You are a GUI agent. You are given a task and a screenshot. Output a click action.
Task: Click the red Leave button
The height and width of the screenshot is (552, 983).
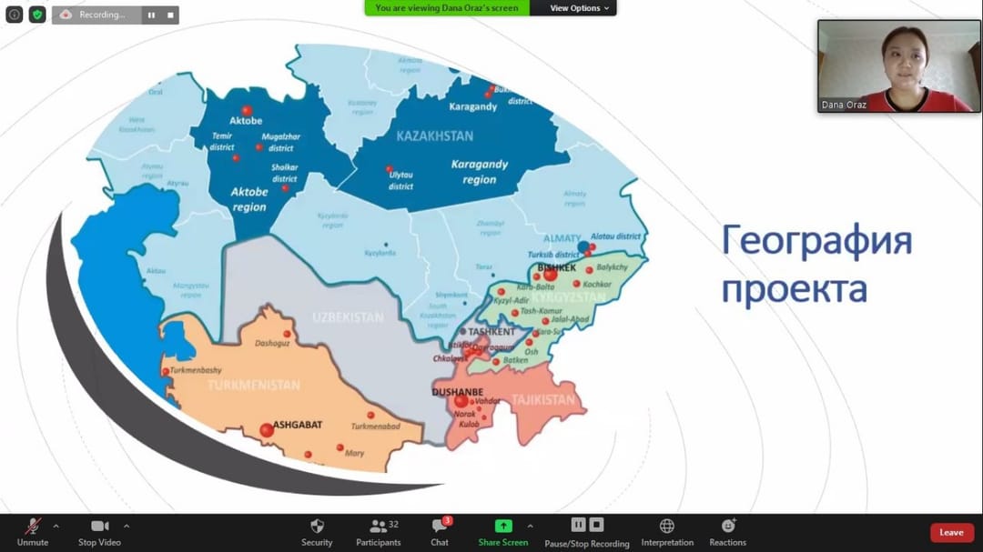pyautogui.click(x=951, y=533)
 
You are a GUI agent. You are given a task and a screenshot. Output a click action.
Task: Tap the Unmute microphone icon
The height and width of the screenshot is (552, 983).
pyautogui.click(x=33, y=527)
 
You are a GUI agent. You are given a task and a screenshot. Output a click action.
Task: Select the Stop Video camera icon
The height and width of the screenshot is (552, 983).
pyautogui.click(x=99, y=527)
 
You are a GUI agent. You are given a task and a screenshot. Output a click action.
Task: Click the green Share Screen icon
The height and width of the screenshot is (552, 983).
pyautogui.click(x=502, y=526)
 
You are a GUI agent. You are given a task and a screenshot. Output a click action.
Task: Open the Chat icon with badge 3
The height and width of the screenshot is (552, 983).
pyautogui.click(x=440, y=527)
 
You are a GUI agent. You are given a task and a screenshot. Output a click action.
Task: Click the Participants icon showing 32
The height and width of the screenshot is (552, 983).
pyautogui.click(x=378, y=526)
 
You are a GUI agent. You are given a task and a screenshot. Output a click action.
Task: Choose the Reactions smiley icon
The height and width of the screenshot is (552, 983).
pyautogui.click(x=727, y=526)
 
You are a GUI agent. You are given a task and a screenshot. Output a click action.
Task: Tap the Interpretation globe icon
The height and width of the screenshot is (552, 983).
pyautogui.click(x=666, y=526)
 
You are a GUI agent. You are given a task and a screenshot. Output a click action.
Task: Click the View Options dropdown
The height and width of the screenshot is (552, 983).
pyautogui.click(x=580, y=8)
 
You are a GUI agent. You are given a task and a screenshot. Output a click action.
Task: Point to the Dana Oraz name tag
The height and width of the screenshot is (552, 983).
pyautogui.click(x=844, y=105)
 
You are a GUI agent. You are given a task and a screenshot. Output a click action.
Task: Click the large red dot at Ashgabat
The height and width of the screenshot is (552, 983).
pyautogui.click(x=266, y=430)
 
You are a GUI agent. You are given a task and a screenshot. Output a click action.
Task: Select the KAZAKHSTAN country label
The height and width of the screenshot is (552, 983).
pyautogui.click(x=435, y=136)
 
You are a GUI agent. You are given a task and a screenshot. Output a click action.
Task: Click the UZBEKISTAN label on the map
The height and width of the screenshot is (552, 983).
pyautogui.click(x=348, y=317)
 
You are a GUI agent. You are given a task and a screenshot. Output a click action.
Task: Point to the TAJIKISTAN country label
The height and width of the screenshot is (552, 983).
pyautogui.click(x=544, y=400)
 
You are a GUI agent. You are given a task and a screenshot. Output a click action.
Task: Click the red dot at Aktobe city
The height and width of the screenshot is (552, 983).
pyautogui.click(x=246, y=110)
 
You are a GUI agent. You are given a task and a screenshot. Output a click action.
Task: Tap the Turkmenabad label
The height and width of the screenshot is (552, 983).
pyautogui.click(x=376, y=427)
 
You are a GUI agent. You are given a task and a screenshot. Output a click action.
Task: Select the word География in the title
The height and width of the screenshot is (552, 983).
pyautogui.click(x=816, y=244)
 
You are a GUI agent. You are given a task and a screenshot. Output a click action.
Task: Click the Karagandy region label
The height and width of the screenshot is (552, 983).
pyautogui.click(x=480, y=172)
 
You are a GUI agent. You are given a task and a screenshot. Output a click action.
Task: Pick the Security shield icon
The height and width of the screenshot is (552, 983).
pyautogui.click(x=317, y=526)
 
